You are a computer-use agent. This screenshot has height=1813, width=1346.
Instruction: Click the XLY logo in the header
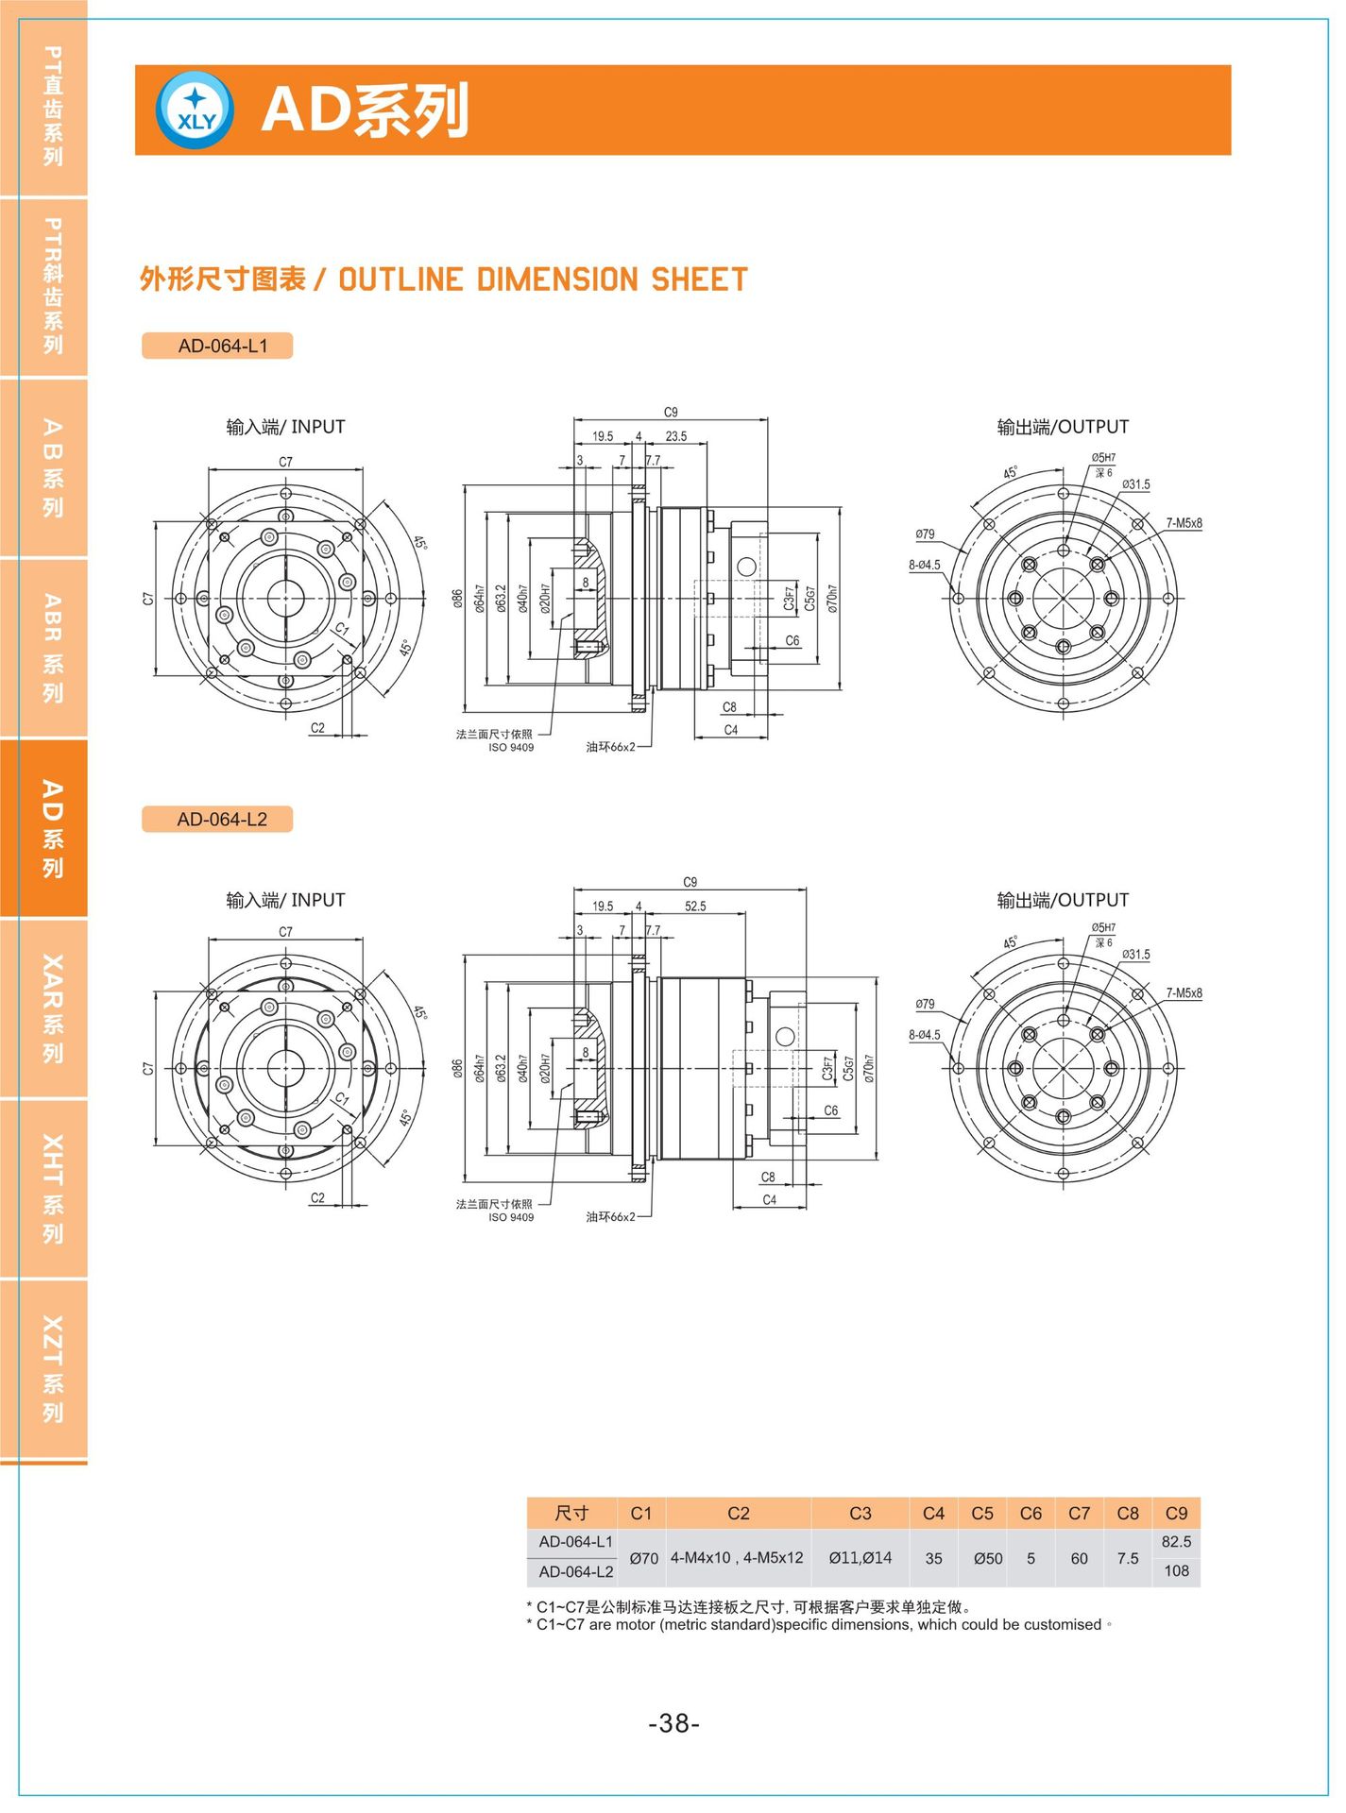tap(196, 110)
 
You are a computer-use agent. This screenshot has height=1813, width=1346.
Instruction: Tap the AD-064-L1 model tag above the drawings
tap(217, 346)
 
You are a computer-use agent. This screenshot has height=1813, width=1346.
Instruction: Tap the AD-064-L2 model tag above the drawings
tap(217, 819)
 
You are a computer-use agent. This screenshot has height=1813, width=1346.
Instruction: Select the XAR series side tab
tap(44, 1008)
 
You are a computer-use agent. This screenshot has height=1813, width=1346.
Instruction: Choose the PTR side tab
tap(44, 287)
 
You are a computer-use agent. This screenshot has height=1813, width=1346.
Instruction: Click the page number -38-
tap(673, 1723)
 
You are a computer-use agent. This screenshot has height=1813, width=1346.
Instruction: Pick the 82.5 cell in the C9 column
tap(1176, 1542)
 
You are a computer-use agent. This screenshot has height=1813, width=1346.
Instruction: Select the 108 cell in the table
tap(1176, 1571)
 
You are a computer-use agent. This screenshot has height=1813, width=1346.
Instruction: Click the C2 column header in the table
tap(739, 1514)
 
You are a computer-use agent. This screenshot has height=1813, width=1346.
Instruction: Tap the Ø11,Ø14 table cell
tap(860, 1558)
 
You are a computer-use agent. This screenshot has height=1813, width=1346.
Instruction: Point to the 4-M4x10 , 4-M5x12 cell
tap(737, 1558)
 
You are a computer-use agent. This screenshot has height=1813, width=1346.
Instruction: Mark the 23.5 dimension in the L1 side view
tap(676, 436)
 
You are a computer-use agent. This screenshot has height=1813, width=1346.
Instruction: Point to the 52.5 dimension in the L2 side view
tap(695, 906)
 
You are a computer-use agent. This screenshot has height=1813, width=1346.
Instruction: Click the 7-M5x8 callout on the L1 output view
tap(1184, 523)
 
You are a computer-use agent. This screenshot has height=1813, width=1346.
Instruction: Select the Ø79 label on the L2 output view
tap(925, 1005)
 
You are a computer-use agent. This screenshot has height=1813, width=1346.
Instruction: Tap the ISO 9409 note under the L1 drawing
tap(511, 748)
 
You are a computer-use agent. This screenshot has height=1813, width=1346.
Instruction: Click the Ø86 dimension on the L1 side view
tap(457, 599)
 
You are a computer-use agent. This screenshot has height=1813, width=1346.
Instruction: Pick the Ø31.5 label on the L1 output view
tap(1136, 484)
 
